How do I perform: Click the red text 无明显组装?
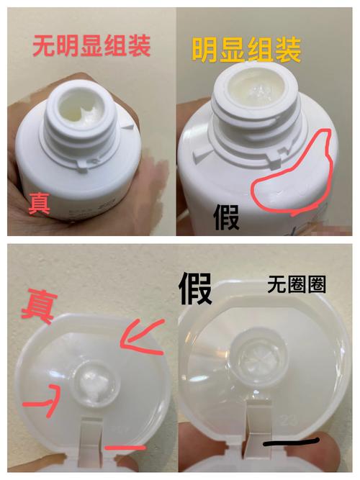tap(91, 46)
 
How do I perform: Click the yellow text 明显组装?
tap(247, 50)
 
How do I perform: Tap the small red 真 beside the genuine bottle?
tap(39, 204)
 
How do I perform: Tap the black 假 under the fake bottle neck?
tap(226, 217)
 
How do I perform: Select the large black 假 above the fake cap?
tap(195, 288)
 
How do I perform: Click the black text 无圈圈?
tap(296, 285)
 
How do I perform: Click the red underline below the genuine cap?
tap(125, 448)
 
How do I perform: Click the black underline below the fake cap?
tap(291, 442)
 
